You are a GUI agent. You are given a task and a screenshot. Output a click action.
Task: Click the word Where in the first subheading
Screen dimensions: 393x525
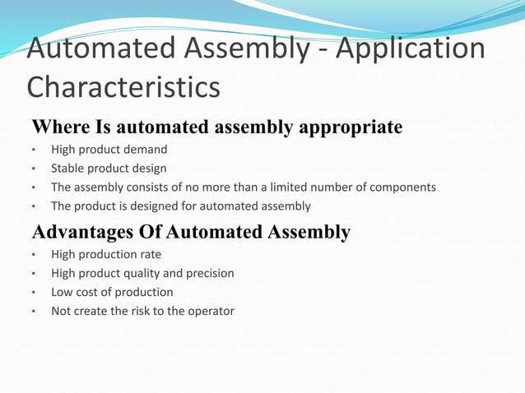click(x=60, y=128)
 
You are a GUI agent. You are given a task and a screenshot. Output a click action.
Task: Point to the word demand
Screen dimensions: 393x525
click(x=146, y=150)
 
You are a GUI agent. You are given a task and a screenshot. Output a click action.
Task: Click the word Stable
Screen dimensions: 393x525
click(x=67, y=169)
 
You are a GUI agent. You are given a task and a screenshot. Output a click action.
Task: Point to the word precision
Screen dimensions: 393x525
click(x=209, y=273)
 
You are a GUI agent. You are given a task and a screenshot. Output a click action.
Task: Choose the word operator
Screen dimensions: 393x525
click(x=209, y=311)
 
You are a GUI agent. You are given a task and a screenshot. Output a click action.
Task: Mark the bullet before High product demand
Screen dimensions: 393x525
click(x=34, y=150)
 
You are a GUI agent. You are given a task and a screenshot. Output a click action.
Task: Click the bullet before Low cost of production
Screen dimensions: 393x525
click(x=34, y=293)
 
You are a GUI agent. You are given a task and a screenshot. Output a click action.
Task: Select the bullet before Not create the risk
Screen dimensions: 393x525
click(x=34, y=312)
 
